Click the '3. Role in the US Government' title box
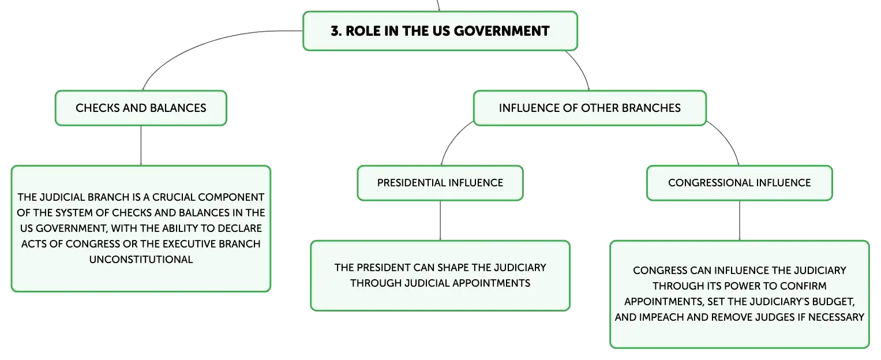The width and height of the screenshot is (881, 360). (x=440, y=31)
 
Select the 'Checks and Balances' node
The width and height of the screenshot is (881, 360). (x=141, y=108)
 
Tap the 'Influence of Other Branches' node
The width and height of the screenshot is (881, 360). (x=589, y=108)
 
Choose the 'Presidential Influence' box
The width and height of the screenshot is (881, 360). (x=440, y=183)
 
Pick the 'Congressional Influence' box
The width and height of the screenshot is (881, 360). (x=739, y=183)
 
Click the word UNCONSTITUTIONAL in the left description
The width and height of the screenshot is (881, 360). (x=141, y=260)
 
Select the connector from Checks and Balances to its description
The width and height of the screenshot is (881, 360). (x=141, y=145)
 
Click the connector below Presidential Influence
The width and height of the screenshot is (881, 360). (x=440, y=220)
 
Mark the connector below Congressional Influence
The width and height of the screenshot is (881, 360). (x=740, y=220)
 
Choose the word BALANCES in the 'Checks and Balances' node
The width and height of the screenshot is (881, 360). (x=178, y=108)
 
